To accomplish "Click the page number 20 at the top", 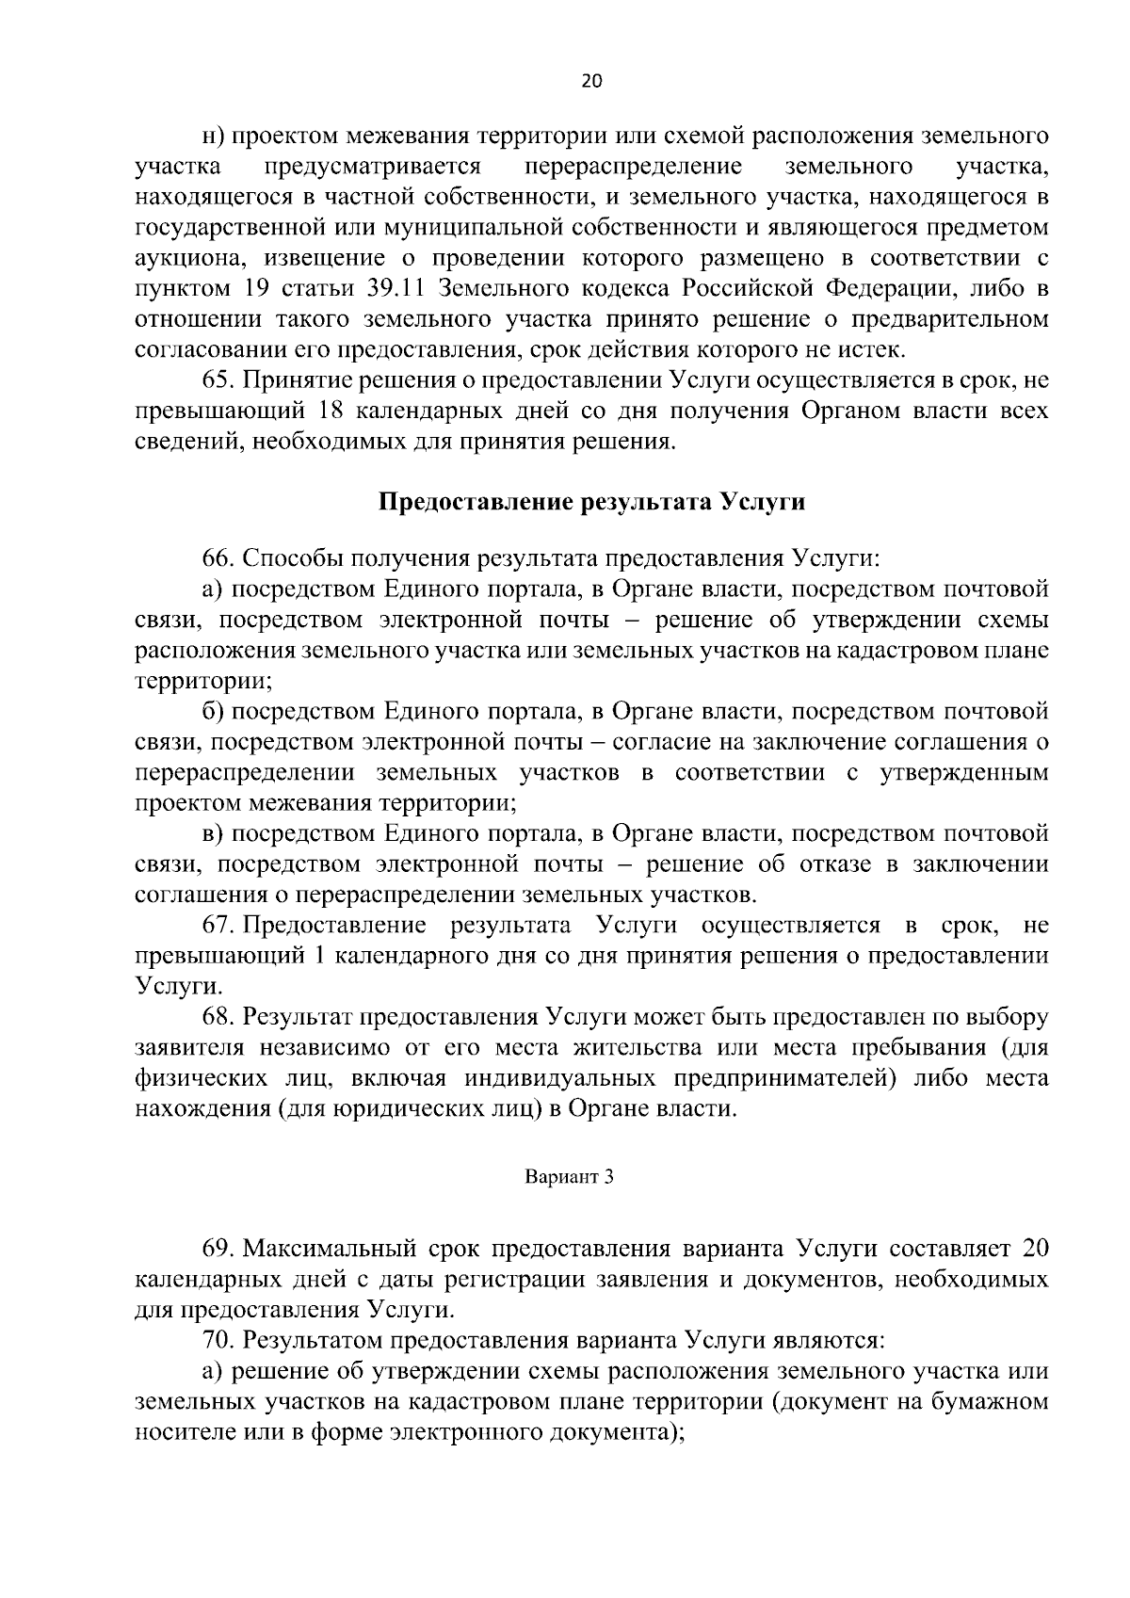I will [591, 81].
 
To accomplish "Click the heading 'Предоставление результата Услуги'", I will [591, 502].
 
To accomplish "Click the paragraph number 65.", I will [218, 380].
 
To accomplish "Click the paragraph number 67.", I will [218, 925].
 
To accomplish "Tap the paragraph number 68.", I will [218, 1017].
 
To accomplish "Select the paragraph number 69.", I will [218, 1250].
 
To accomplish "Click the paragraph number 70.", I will [218, 1340].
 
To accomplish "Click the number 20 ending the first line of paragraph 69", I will [1034, 1250].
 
